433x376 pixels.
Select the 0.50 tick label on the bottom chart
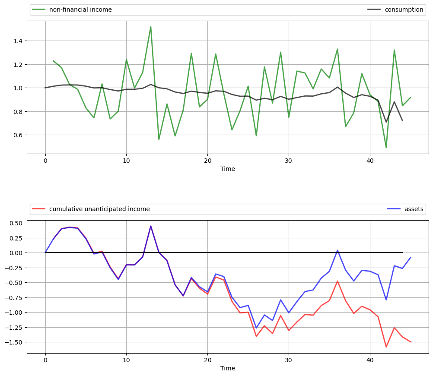15,223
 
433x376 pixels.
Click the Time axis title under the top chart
228,169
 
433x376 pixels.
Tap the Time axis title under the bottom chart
228,368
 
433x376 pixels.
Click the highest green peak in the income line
150,27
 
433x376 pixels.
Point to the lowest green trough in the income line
386,148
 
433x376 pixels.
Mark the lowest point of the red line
386,347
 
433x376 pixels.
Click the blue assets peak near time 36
337,250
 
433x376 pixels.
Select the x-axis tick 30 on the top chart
289,161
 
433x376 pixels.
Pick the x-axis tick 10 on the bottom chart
126,360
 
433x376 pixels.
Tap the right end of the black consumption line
402,120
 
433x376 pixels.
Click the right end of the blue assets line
411,257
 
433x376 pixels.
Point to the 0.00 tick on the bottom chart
15,253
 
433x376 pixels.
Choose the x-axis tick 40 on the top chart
370,161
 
